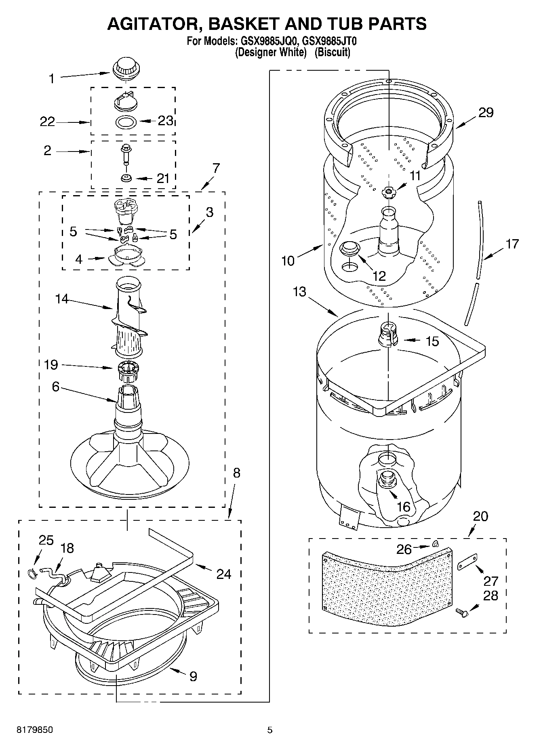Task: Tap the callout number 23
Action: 165,120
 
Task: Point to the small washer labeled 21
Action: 126,178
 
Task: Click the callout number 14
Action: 62,299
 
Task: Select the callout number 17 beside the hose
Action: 512,244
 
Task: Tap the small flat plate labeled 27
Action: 467,562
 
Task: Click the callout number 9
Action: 193,676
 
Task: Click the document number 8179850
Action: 34,730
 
